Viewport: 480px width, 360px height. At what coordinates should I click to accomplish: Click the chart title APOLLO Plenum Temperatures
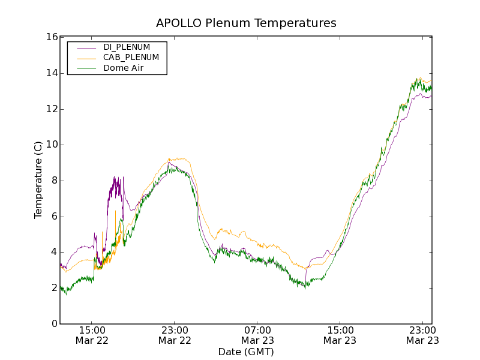click(246, 23)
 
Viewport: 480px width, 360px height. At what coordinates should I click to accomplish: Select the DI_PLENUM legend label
click(127, 47)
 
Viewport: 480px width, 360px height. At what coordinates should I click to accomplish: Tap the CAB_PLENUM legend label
click(131, 58)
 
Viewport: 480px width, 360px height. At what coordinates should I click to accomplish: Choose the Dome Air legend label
click(124, 68)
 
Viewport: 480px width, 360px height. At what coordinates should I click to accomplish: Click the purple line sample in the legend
click(85, 47)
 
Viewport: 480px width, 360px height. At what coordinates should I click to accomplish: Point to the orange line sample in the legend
click(85, 58)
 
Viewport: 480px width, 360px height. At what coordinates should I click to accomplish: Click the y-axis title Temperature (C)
click(38, 180)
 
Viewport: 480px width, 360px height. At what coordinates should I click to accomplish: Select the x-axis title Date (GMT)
click(246, 352)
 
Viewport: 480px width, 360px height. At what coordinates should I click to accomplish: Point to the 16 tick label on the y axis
click(51, 37)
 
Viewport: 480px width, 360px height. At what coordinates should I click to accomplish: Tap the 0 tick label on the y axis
click(54, 324)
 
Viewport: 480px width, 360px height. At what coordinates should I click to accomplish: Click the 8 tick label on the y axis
click(54, 181)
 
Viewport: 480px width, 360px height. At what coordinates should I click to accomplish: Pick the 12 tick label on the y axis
click(51, 109)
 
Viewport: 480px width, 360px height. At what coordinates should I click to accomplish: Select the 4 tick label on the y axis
click(54, 253)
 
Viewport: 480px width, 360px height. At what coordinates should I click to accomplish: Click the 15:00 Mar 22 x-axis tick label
click(92, 335)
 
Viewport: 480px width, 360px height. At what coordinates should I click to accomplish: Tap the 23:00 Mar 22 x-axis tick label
click(175, 335)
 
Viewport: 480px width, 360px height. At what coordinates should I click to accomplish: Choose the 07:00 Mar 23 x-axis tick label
click(257, 335)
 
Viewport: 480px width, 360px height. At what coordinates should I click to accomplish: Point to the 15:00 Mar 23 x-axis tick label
click(340, 335)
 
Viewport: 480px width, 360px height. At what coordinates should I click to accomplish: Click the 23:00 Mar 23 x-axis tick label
click(422, 335)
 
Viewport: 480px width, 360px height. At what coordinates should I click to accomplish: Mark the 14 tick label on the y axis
click(51, 73)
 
